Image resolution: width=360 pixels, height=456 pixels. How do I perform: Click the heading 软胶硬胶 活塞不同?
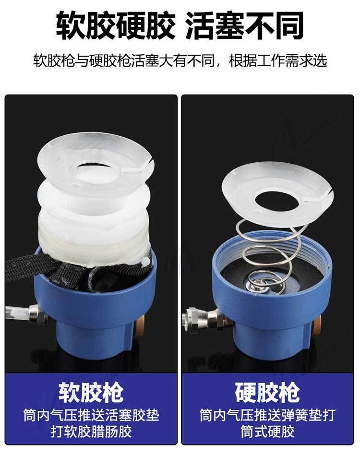click(x=180, y=25)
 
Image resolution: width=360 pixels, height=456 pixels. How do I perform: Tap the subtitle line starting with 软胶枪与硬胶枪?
click(x=180, y=61)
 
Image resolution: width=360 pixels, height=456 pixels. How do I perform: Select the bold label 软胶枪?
click(x=91, y=392)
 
